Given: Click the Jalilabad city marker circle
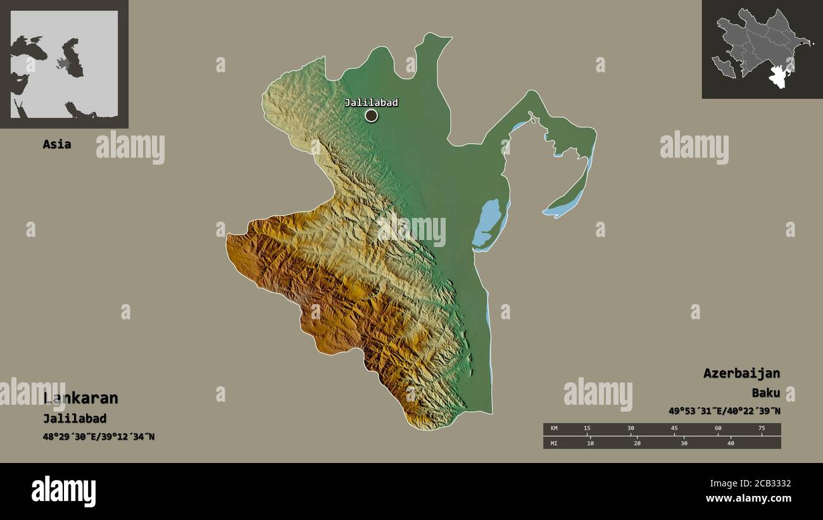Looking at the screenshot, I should tap(372, 115).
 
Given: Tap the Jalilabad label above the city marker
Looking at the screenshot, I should tap(372, 103).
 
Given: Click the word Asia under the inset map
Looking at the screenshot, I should tap(56, 144).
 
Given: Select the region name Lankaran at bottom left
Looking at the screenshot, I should tap(81, 398).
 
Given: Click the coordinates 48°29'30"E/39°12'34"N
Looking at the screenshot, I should tap(99, 437).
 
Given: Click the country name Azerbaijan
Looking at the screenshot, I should tap(741, 373).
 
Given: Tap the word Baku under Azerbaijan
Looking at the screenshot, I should tap(766, 393).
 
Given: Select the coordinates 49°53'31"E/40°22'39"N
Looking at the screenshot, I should tap(724, 411).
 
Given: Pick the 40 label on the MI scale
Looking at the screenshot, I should tap(730, 443).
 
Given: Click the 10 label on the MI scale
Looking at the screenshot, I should tap(590, 443).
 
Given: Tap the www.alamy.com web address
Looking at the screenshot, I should tap(748, 498).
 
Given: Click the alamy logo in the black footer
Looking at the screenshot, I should tap(64, 491).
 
